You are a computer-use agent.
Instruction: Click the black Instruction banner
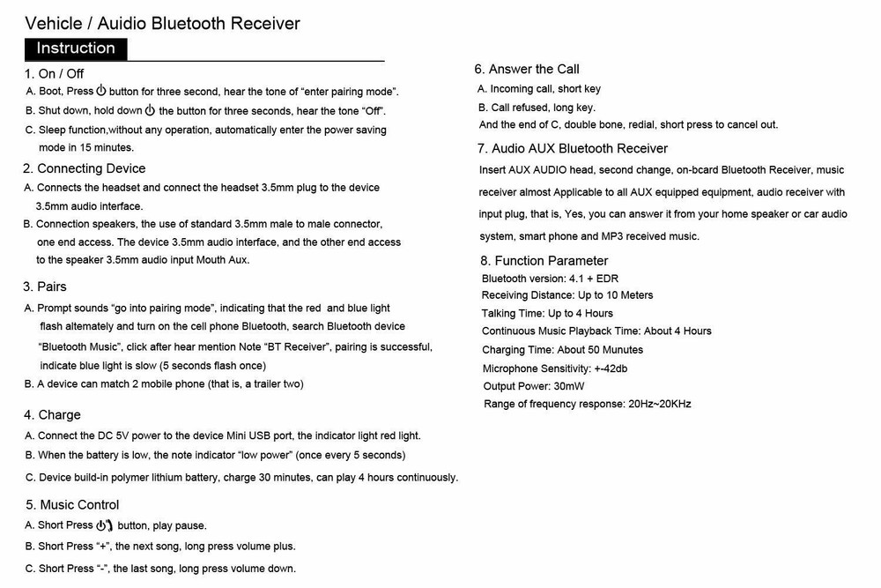click(76, 48)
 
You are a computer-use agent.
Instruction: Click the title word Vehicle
click(55, 23)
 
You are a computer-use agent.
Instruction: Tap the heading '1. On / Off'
click(55, 74)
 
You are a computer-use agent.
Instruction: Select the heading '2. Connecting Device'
click(85, 168)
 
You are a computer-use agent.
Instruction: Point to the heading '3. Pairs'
click(46, 287)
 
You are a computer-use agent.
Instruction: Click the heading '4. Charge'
click(53, 415)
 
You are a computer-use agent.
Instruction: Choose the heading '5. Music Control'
click(72, 505)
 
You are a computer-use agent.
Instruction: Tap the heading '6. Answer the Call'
click(527, 69)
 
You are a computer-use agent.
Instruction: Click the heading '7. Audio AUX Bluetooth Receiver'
click(573, 148)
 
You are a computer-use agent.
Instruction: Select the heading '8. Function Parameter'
click(544, 261)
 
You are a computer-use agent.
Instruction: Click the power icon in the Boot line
click(101, 91)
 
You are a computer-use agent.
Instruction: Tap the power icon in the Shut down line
click(150, 111)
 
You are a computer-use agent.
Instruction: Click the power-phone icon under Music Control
click(105, 525)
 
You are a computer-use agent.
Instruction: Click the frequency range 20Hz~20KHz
click(659, 404)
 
